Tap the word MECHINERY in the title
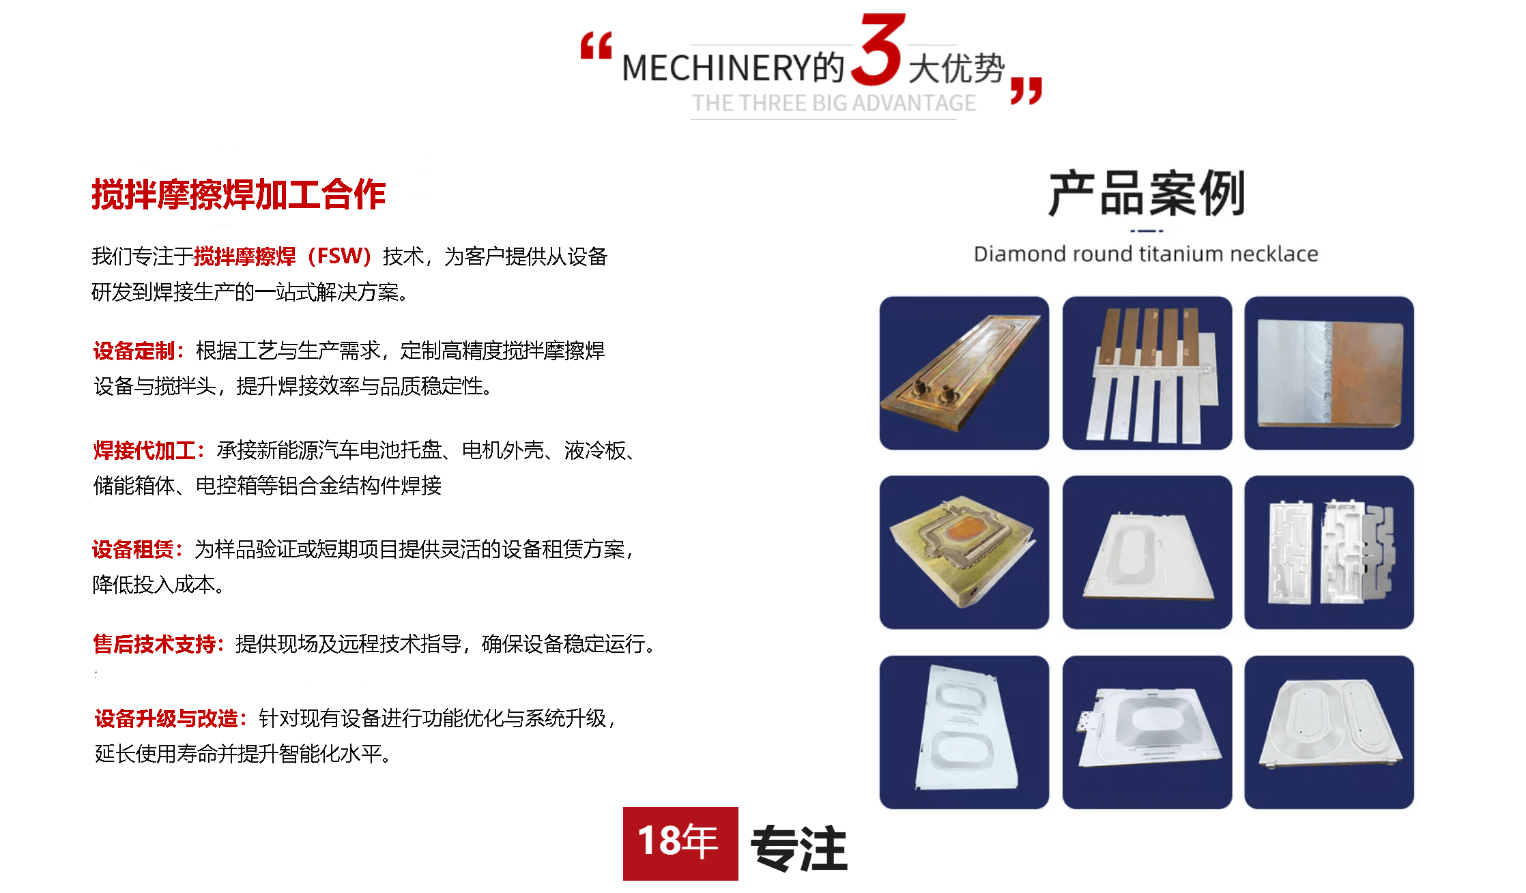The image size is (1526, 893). click(x=717, y=68)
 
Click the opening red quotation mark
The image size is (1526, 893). click(x=596, y=46)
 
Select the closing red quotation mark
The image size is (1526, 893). click(x=1026, y=91)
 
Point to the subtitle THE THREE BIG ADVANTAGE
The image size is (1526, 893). click(x=834, y=103)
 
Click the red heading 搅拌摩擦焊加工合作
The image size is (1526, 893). click(x=239, y=194)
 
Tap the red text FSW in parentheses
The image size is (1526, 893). click(x=339, y=256)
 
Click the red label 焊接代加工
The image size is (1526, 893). click(x=144, y=450)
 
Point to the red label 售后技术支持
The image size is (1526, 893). click(x=154, y=643)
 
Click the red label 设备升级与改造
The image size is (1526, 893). click(x=166, y=718)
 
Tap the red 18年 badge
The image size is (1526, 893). click(x=680, y=843)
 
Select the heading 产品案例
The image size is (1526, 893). click(x=1147, y=194)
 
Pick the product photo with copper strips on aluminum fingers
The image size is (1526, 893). click(x=1147, y=373)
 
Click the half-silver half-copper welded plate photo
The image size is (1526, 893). click(x=1329, y=373)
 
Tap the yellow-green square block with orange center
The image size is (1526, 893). click(x=964, y=552)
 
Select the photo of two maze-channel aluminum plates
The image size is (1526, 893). click(x=1329, y=552)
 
